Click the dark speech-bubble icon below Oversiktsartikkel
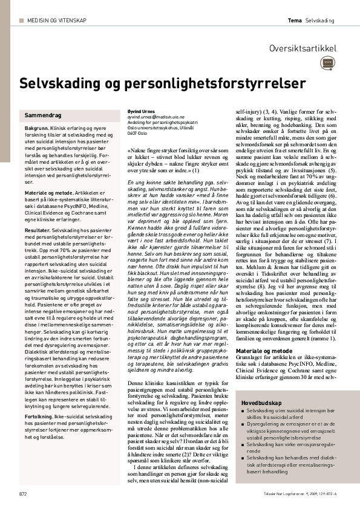[x=328, y=62]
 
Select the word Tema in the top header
[x=295, y=21]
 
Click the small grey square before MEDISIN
[x=22, y=21]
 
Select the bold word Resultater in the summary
[x=38, y=231]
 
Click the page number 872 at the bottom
[x=23, y=493]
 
